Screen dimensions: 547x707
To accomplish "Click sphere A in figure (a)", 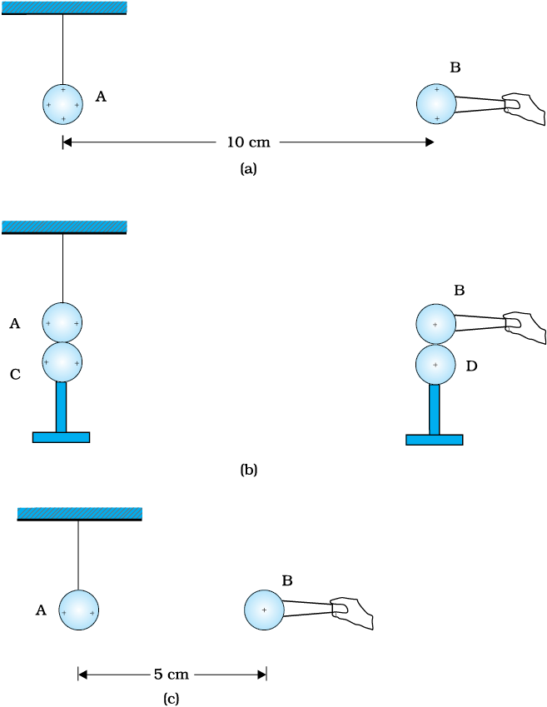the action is click(63, 104).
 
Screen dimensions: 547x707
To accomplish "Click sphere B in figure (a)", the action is click(436, 104).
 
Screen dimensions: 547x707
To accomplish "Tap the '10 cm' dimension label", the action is click(248, 142).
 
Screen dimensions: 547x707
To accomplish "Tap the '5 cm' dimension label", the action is click(172, 675).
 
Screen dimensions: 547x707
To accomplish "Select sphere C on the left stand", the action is click(62, 362).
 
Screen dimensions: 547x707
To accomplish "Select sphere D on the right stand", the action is click(435, 365).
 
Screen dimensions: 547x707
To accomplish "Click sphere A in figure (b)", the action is click(62, 322).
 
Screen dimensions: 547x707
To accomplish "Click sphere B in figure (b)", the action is click(435, 324).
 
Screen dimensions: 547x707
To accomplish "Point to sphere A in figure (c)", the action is click(79, 610).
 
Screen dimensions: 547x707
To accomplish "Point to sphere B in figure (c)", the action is click(264, 610).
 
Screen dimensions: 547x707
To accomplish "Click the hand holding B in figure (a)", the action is click(524, 108).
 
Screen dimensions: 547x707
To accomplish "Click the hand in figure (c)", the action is click(351, 613).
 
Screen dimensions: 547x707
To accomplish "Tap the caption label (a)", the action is click(248, 169).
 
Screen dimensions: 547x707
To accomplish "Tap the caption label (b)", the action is click(248, 470).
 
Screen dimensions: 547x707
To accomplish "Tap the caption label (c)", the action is click(171, 699).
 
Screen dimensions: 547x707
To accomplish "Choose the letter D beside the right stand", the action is click(471, 366).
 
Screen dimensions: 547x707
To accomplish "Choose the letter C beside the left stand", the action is click(15, 375).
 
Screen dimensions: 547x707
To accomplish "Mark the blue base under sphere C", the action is click(62, 437).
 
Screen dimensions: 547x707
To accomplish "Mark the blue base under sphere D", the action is click(435, 440).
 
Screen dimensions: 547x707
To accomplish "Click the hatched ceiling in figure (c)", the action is click(80, 514).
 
